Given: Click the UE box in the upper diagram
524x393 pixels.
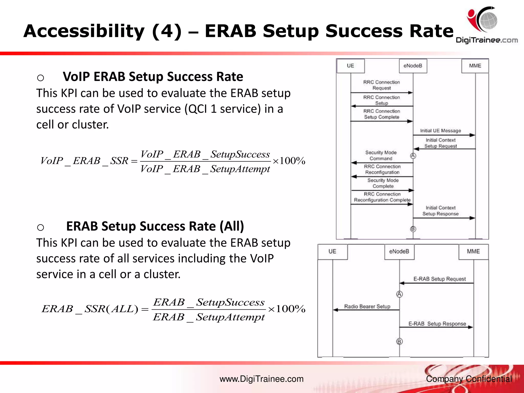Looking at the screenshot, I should pos(350,66).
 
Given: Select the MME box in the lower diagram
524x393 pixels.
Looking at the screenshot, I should pos(473,252).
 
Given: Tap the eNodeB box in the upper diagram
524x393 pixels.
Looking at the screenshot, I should pos(413,66).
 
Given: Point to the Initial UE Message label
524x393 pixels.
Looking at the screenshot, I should pos(440,131).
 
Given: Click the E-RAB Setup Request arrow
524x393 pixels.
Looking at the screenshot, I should pos(436,283).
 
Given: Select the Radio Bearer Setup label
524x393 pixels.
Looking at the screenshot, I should pos(367,306).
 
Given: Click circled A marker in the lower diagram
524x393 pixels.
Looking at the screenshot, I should pos(399,294).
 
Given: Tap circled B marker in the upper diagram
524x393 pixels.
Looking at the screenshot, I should pos(413,229).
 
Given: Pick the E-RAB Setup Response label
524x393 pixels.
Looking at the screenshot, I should pos(437,324).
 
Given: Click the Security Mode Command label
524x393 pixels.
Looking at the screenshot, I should pos(381,155).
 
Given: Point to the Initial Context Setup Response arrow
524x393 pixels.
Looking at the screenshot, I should pos(444,218).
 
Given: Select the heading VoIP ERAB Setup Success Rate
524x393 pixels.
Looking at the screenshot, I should pos(153,77).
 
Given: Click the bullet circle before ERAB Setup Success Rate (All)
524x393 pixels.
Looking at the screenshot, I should pos(40,227).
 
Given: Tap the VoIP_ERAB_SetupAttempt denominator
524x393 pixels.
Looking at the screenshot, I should pos(205,169).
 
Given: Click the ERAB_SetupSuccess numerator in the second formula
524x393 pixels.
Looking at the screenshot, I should pos(209,302).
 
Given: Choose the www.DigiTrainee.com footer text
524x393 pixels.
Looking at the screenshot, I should pos(261,379).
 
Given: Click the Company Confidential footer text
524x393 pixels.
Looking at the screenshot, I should pos(469,379).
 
